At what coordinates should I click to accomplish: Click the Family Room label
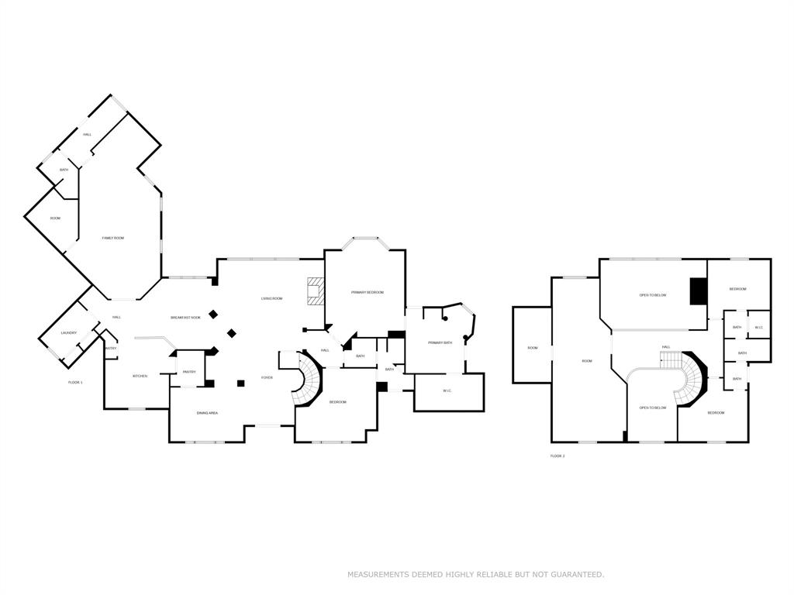click(x=112, y=238)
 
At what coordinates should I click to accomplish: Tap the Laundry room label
click(x=69, y=333)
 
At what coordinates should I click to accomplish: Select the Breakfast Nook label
click(x=185, y=318)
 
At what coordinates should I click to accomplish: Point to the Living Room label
click(x=271, y=298)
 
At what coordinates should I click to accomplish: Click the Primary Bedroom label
click(x=367, y=292)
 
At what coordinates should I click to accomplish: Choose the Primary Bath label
click(x=440, y=342)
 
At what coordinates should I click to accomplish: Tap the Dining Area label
click(x=207, y=413)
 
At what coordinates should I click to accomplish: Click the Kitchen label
click(x=140, y=377)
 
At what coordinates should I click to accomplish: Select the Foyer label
click(x=267, y=378)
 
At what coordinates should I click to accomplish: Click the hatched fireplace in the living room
click(x=315, y=291)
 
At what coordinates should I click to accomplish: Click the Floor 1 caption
click(x=75, y=383)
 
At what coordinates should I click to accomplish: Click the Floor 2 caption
click(x=558, y=456)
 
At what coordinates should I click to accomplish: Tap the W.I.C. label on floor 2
click(x=759, y=327)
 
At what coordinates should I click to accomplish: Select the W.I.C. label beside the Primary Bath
click(x=447, y=390)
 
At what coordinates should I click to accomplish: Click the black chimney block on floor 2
click(x=699, y=291)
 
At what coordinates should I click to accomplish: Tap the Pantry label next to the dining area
click(x=189, y=372)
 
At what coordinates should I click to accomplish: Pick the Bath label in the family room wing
click(x=64, y=170)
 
